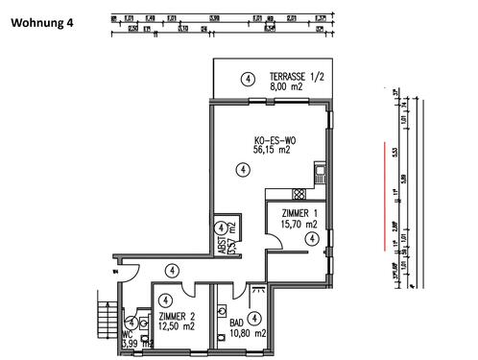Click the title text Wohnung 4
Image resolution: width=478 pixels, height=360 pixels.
point(42,23)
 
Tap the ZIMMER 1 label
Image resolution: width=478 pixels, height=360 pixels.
point(299,213)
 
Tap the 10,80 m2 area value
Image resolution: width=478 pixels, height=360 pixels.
point(247,333)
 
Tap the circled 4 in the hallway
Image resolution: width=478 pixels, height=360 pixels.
point(171,272)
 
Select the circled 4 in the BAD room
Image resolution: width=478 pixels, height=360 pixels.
point(254,317)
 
